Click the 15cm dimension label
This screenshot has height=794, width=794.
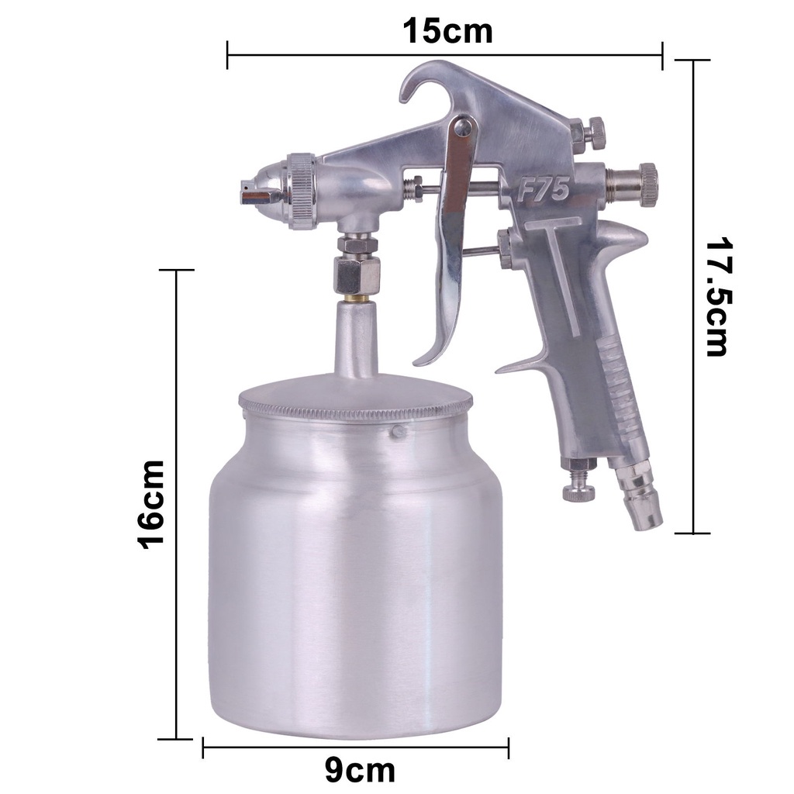(447, 31)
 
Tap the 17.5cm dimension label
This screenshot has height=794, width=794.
(717, 297)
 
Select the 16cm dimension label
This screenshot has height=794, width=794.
(151, 505)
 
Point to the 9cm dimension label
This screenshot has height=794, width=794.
(360, 771)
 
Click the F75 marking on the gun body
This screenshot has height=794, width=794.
(544, 192)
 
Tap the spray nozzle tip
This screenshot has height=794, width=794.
(247, 192)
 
